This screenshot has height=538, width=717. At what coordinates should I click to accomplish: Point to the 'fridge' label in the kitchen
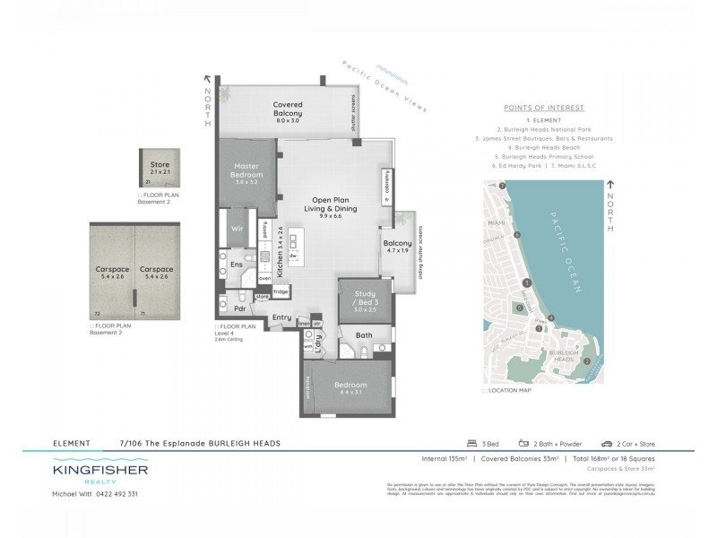[x=281, y=291]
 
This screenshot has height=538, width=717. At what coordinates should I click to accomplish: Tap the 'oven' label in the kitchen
[x=265, y=278]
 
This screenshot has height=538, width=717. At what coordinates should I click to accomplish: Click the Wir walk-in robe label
[x=238, y=229]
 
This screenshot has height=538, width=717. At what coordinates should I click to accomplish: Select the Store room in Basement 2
[x=160, y=170]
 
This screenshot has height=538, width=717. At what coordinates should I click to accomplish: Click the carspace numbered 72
[x=111, y=269]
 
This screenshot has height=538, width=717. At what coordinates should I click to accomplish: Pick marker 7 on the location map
[x=504, y=186]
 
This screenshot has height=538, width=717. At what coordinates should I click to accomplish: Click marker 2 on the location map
[x=586, y=361]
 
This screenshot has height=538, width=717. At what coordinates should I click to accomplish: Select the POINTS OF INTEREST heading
[x=557, y=108]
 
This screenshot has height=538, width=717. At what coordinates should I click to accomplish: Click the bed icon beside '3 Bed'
[x=471, y=444]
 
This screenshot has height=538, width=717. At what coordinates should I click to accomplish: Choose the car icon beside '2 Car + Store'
[x=607, y=444]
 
